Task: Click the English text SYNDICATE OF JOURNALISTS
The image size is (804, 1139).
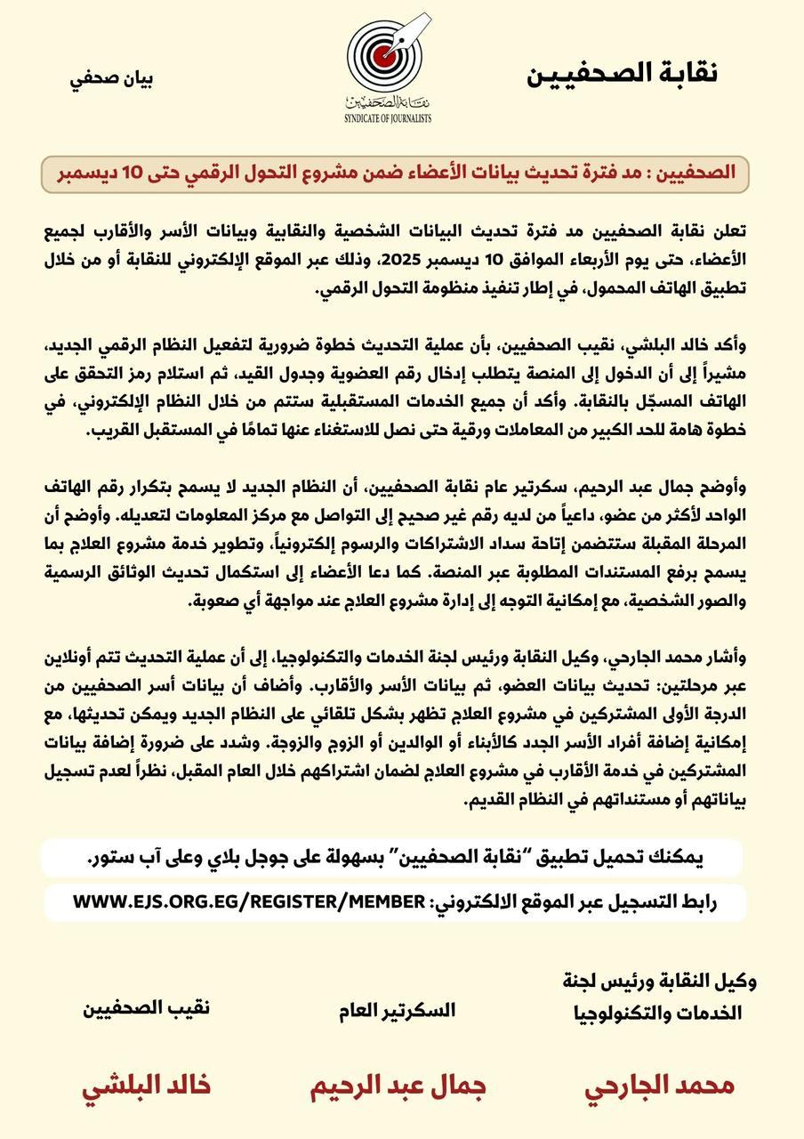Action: click(x=388, y=117)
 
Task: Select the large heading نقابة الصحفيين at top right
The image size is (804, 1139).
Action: click(x=622, y=74)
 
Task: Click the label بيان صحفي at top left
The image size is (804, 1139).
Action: click(x=112, y=77)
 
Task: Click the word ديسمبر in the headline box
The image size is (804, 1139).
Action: click(x=93, y=172)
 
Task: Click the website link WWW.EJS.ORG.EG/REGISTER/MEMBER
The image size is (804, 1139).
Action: click(x=249, y=902)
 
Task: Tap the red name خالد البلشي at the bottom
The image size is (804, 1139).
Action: click(x=147, y=1086)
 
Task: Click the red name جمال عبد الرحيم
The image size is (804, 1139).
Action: click(x=396, y=1087)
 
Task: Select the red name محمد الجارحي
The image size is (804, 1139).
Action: click(x=659, y=1086)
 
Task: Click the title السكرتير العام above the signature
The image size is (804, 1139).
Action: click(x=397, y=1010)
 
